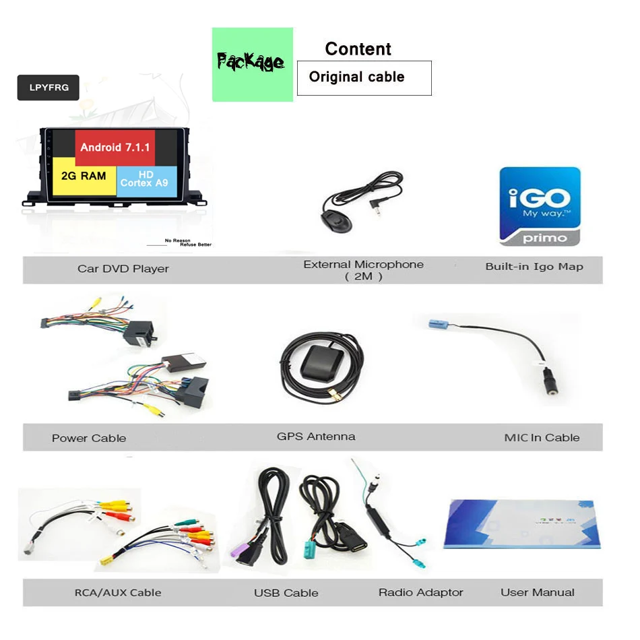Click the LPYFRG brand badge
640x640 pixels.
tap(48, 88)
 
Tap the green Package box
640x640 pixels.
tap(252, 64)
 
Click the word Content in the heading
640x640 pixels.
tap(358, 49)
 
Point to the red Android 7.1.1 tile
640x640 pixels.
tap(115, 147)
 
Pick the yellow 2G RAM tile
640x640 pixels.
tap(84, 177)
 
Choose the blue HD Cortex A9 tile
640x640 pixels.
tap(145, 179)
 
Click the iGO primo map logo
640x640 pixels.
tap(539, 206)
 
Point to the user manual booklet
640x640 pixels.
tap(521, 523)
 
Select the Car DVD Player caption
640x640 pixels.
tap(123, 269)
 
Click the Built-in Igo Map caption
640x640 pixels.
tap(534, 267)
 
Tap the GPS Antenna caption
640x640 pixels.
tap(316, 437)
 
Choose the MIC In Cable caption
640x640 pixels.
tap(542, 438)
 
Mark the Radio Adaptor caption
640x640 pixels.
tap(420, 593)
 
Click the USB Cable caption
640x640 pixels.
tap(286, 594)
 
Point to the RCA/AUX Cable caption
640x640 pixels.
tap(118, 593)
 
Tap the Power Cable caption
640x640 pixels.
tap(89, 439)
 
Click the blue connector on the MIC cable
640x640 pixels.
tap(443, 324)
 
